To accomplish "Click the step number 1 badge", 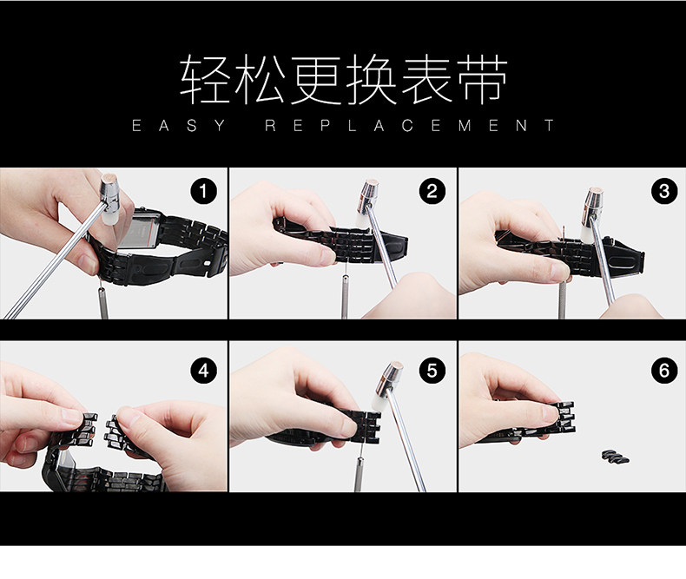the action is [203, 191].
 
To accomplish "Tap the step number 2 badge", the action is [432, 191].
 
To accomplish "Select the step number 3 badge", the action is [664, 191].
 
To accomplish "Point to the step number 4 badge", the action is [203, 371].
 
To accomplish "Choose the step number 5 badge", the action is [432, 371].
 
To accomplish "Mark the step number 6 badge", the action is [664, 371].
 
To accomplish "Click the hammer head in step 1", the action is [110, 199].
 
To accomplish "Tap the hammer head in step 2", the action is [367, 203].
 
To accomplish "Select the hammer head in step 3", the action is [591, 213].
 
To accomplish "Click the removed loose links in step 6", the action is [615, 457].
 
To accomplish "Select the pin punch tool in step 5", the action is [359, 474].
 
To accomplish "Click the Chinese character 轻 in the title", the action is [206, 80].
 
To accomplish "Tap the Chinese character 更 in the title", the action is [317, 80].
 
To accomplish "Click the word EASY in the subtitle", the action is [179, 126].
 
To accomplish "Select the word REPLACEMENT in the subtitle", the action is [410, 126].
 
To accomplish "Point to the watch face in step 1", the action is [140, 229].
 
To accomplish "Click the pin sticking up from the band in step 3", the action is [564, 234].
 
